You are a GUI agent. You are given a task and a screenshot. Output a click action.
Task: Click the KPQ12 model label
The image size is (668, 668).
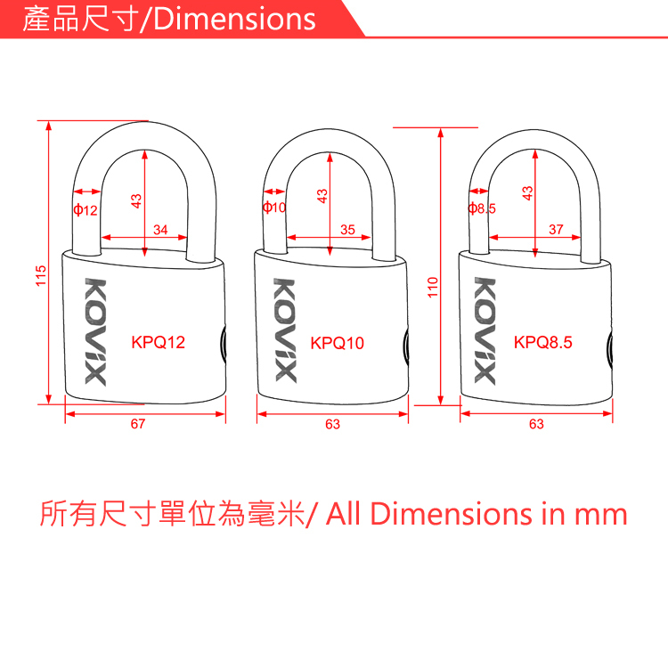(159, 342)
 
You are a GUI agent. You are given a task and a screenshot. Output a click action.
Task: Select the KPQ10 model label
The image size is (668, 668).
(338, 343)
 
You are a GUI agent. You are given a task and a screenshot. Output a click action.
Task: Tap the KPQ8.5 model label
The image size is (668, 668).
(543, 342)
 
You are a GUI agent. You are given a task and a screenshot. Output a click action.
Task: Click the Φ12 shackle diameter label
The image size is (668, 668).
(86, 210)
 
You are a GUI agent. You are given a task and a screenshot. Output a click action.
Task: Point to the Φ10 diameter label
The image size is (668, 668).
(274, 208)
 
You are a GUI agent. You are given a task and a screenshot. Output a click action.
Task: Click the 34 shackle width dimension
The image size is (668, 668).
(160, 230)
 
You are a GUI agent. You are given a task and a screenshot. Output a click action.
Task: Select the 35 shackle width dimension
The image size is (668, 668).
(348, 230)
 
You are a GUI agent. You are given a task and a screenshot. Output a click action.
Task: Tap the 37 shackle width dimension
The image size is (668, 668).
(557, 230)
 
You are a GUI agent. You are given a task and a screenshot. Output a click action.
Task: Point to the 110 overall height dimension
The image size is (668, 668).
(433, 287)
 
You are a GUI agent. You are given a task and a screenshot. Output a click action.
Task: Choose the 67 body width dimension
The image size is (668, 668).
(137, 425)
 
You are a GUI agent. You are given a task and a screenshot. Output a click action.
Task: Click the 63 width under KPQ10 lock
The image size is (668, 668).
(332, 425)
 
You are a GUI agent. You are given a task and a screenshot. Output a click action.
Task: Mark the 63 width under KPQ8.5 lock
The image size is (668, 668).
(536, 425)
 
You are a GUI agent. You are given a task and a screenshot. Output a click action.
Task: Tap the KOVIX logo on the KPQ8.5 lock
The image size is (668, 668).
(484, 330)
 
